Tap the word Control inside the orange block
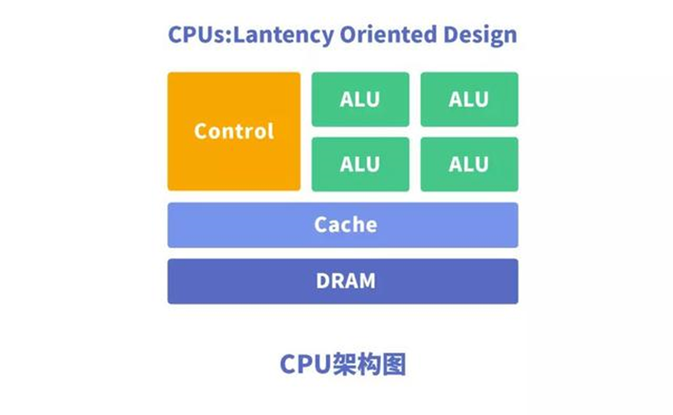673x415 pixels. point(233,131)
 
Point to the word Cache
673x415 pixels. point(345,225)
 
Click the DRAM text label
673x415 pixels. point(345,281)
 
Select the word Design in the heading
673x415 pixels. point(477,36)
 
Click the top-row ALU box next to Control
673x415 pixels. point(360,99)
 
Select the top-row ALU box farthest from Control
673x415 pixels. point(469,99)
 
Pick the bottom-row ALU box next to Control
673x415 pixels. point(360,164)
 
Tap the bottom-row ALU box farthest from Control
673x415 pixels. point(469,164)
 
